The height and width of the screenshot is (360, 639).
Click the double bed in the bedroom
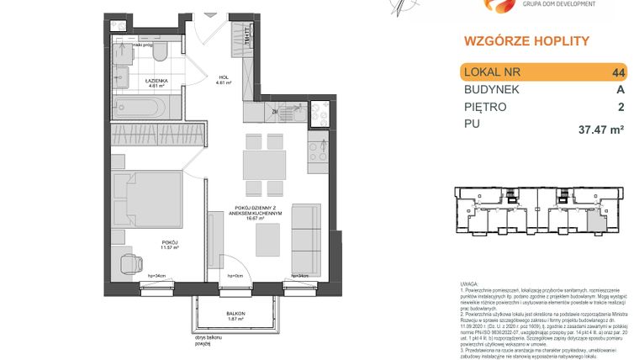[x=152, y=198]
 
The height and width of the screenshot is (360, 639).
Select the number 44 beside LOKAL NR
[x=620, y=73]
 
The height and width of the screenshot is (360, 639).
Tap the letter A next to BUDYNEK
[x=621, y=90]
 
